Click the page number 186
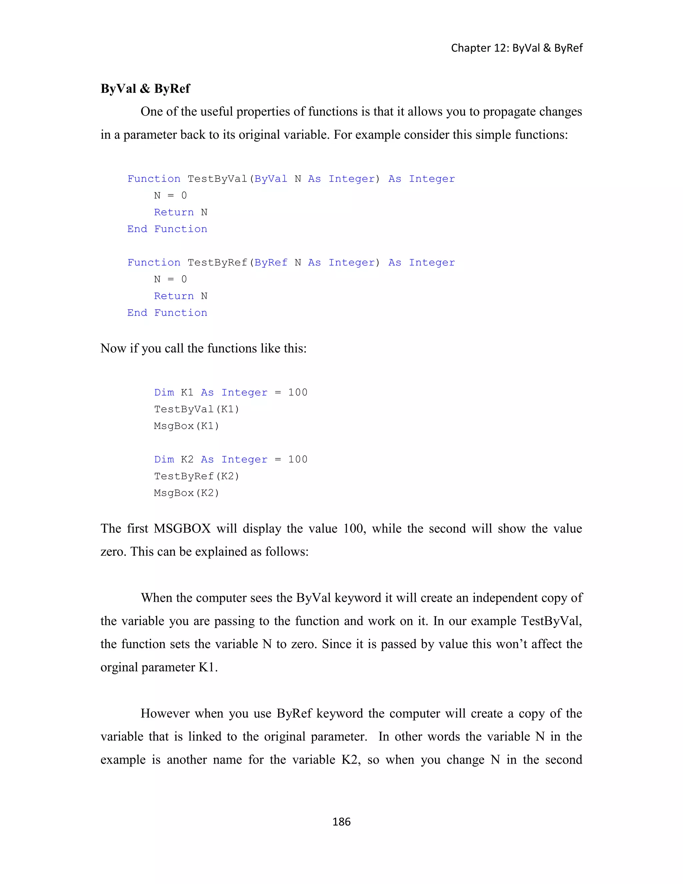click(x=341, y=822)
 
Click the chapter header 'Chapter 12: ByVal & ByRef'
click(x=517, y=48)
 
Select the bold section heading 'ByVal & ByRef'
click(x=145, y=89)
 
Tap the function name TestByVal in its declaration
click(x=217, y=179)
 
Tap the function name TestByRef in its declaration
click(x=217, y=263)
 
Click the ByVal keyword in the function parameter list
click(x=271, y=179)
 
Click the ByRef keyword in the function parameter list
click(x=271, y=263)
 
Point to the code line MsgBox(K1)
click(x=186, y=426)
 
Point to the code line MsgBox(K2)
click(x=186, y=493)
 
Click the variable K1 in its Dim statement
click(x=187, y=393)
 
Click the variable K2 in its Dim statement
click(x=187, y=459)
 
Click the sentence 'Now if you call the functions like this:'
click(x=203, y=349)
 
